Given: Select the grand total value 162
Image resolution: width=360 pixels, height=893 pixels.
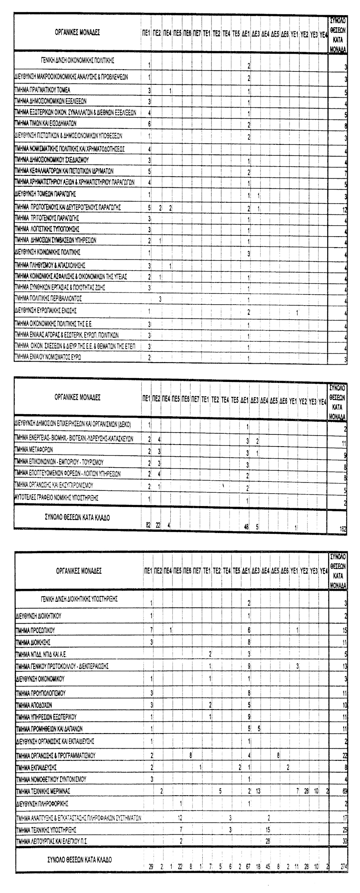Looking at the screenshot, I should [343, 530].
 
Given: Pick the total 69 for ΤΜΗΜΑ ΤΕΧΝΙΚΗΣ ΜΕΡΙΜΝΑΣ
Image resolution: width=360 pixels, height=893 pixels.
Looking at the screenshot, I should [343, 791].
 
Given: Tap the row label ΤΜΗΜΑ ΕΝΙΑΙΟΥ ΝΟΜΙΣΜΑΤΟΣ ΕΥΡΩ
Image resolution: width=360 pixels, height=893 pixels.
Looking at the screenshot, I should [48, 357].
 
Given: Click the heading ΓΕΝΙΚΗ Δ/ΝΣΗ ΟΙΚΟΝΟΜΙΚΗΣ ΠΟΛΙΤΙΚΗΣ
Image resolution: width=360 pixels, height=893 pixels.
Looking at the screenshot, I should [78, 60].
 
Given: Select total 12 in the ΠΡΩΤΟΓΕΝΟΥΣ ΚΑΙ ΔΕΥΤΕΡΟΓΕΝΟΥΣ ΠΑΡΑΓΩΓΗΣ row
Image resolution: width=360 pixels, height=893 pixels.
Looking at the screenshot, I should [344, 209].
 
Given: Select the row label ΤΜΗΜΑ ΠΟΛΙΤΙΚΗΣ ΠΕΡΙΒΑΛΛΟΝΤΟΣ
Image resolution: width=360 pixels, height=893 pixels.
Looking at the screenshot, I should [48, 298].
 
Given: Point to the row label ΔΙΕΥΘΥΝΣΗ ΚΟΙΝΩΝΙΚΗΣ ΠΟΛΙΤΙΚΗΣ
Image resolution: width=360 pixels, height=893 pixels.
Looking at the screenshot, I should [47, 253].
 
